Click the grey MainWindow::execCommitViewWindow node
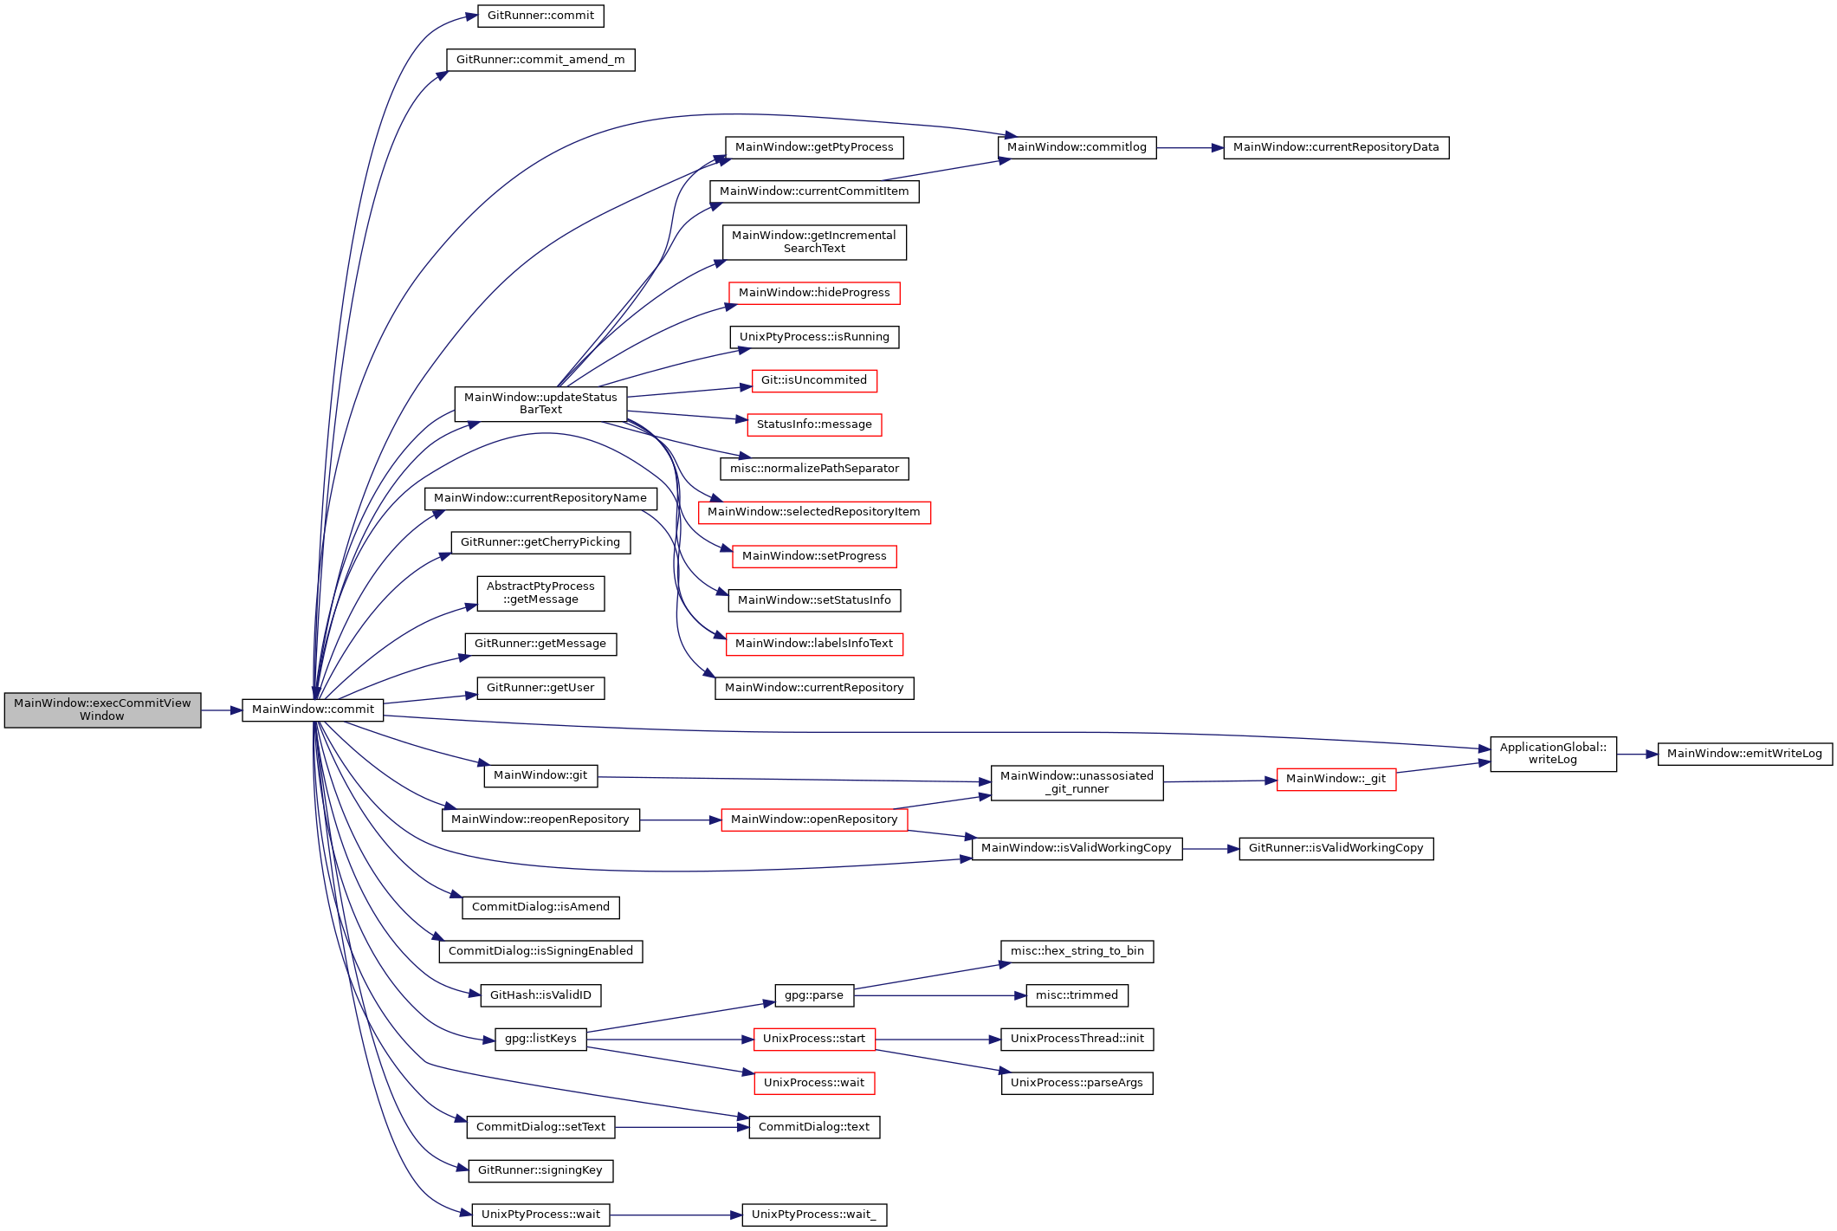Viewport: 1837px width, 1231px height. coord(102,709)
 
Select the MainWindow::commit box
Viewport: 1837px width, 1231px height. coord(313,709)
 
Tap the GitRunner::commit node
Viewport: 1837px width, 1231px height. coord(540,16)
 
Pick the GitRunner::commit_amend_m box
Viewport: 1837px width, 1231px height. coord(540,60)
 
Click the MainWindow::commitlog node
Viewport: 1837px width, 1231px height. coord(1077,147)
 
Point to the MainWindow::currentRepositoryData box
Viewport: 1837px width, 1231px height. coord(1336,147)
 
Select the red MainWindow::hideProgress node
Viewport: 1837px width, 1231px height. coord(814,293)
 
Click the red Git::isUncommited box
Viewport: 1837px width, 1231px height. coord(814,380)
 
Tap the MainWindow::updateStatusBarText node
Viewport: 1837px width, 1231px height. coord(540,404)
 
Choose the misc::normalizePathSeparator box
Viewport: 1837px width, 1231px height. coord(814,469)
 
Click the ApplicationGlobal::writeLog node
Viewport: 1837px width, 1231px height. coord(1553,754)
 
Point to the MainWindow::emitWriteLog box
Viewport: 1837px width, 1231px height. coord(1744,754)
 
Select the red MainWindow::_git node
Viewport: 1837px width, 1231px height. coord(1336,779)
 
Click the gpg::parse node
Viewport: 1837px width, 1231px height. coord(814,995)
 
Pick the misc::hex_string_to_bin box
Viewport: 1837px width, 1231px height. coord(1077,951)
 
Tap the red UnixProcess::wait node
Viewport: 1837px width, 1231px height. coord(814,1083)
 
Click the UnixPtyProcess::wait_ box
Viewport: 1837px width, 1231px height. coord(814,1215)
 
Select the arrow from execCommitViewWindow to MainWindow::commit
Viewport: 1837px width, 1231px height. coord(222,710)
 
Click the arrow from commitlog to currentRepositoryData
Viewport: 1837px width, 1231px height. coord(1190,148)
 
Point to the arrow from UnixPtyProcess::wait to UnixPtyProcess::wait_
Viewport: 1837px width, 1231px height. coord(676,1215)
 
